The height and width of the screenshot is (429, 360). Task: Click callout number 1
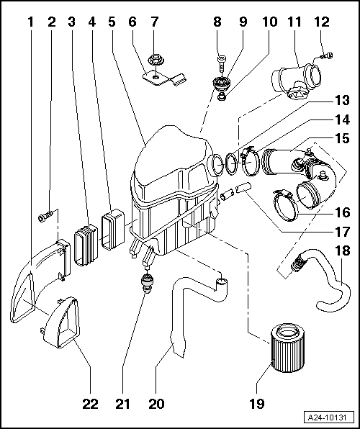tap(30, 22)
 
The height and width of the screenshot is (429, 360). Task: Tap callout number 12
tap(322, 22)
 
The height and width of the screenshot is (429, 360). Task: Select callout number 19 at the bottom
tap(257, 404)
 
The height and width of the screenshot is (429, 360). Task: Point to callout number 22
tap(91, 404)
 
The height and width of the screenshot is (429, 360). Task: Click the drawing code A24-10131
tap(327, 417)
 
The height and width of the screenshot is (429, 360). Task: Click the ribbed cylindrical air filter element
tap(284, 347)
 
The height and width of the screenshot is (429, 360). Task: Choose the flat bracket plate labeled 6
tap(164, 78)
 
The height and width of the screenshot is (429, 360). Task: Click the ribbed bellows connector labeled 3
tap(86, 245)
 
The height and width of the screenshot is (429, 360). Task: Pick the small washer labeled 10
tap(222, 96)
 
